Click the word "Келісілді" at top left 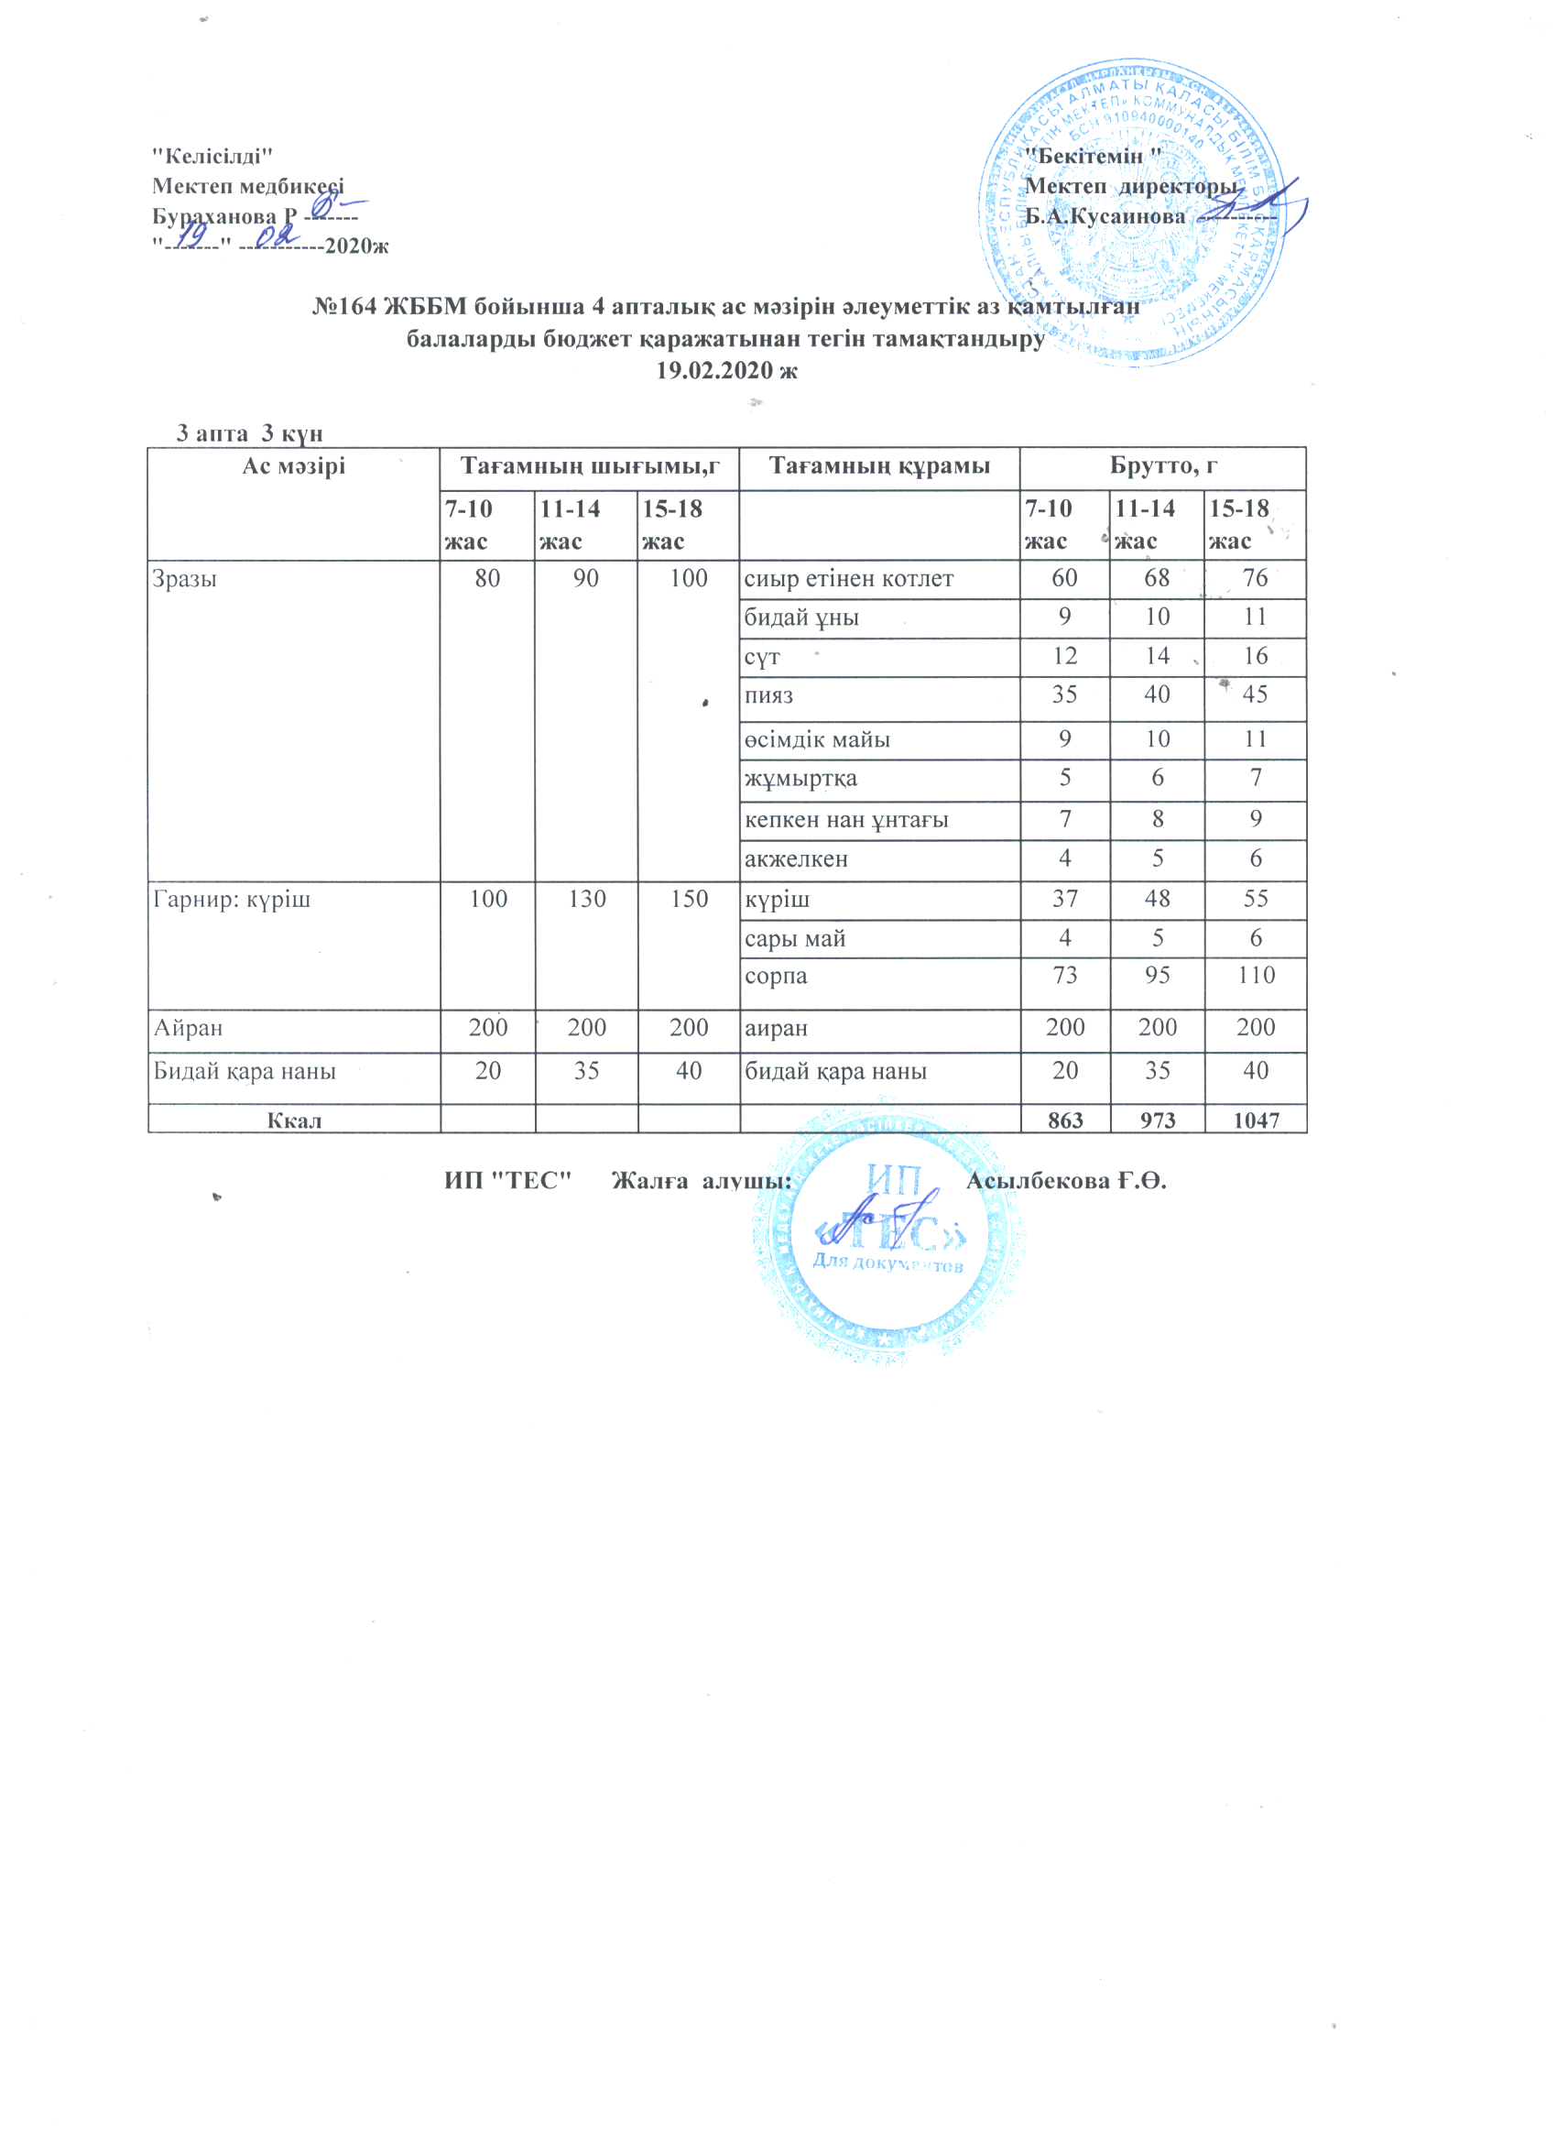(213, 156)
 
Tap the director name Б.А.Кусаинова (1105, 216)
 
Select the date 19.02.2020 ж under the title (727, 370)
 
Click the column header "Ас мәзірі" (294, 465)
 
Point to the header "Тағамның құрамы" (879, 465)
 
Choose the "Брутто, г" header (1163, 465)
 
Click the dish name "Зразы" (185, 578)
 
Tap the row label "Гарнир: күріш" (232, 899)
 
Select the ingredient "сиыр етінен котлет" (849, 578)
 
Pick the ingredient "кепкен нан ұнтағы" (847, 820)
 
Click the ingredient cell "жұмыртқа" (800, 778)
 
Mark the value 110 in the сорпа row (1256, 976)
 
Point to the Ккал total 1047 (1256, 1120)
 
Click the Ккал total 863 (1065, 1120)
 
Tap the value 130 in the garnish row (586, 899)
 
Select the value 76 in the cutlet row (1255, 578)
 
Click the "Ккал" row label (294, 1120)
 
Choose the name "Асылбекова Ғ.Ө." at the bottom (1066, 1181)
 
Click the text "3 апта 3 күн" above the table (250, 433)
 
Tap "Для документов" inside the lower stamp (887, 1262)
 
